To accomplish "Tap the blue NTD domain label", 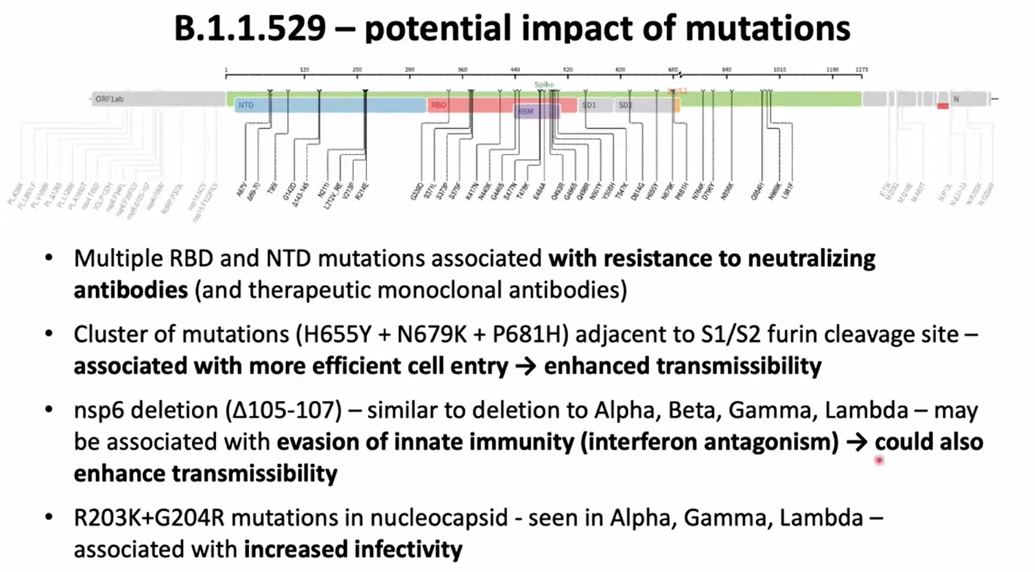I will pyautogui.click(x=246, y=106).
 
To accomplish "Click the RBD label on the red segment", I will pyautogui.click(x=438, y=106).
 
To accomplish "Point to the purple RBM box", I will pyautogui.click(x=527, y=111).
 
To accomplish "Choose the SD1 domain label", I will pyautogui.click(x=589, y=106).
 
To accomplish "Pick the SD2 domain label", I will pyautogui.click(x=625, y=106).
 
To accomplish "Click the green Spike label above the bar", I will pyautogui.click(x=544, y=85).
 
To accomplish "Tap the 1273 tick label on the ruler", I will pyautogui.click(x=862, y=70).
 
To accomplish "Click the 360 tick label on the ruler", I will pyautogui.click(x=463, y=70).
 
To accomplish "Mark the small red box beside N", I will pyautogui.click(x=942, y=106).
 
